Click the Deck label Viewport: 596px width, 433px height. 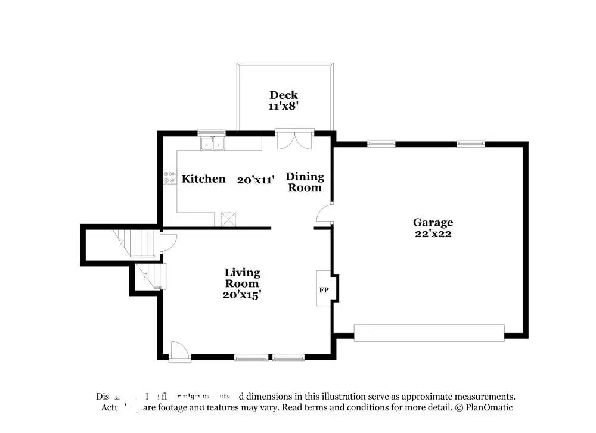283,95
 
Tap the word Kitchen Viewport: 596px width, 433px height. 203,179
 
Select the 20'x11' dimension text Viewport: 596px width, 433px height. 255,179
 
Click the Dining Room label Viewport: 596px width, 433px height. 305,182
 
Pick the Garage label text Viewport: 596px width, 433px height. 433,223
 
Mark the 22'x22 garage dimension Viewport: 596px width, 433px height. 433,233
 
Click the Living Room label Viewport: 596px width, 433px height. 242,278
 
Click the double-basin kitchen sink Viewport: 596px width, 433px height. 212,143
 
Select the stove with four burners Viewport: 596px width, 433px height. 169,176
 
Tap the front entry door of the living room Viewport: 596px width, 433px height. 178,351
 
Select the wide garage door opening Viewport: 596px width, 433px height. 429,332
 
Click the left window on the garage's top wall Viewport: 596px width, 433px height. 381,143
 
